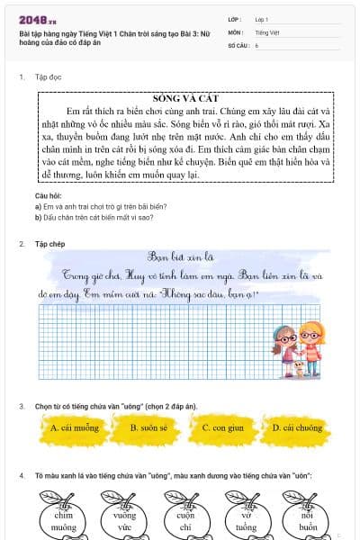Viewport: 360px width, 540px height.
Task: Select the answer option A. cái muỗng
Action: pyautogui.click(x=74, y=428)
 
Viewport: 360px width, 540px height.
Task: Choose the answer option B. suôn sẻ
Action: pyautogui.click(x=148, y=428)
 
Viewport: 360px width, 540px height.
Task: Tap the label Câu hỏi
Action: pyautogui.click(x=48, y=195)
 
